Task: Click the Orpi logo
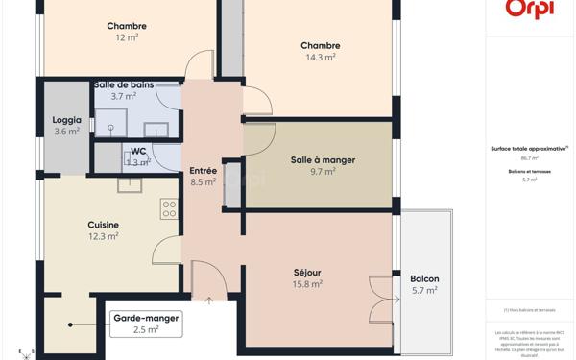click(530, 8)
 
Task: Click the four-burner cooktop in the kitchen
click(169, 208)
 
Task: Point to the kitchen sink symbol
click(130, 184)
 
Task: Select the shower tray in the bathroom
click(110, 122)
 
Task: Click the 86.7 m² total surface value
click(529, 158)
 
